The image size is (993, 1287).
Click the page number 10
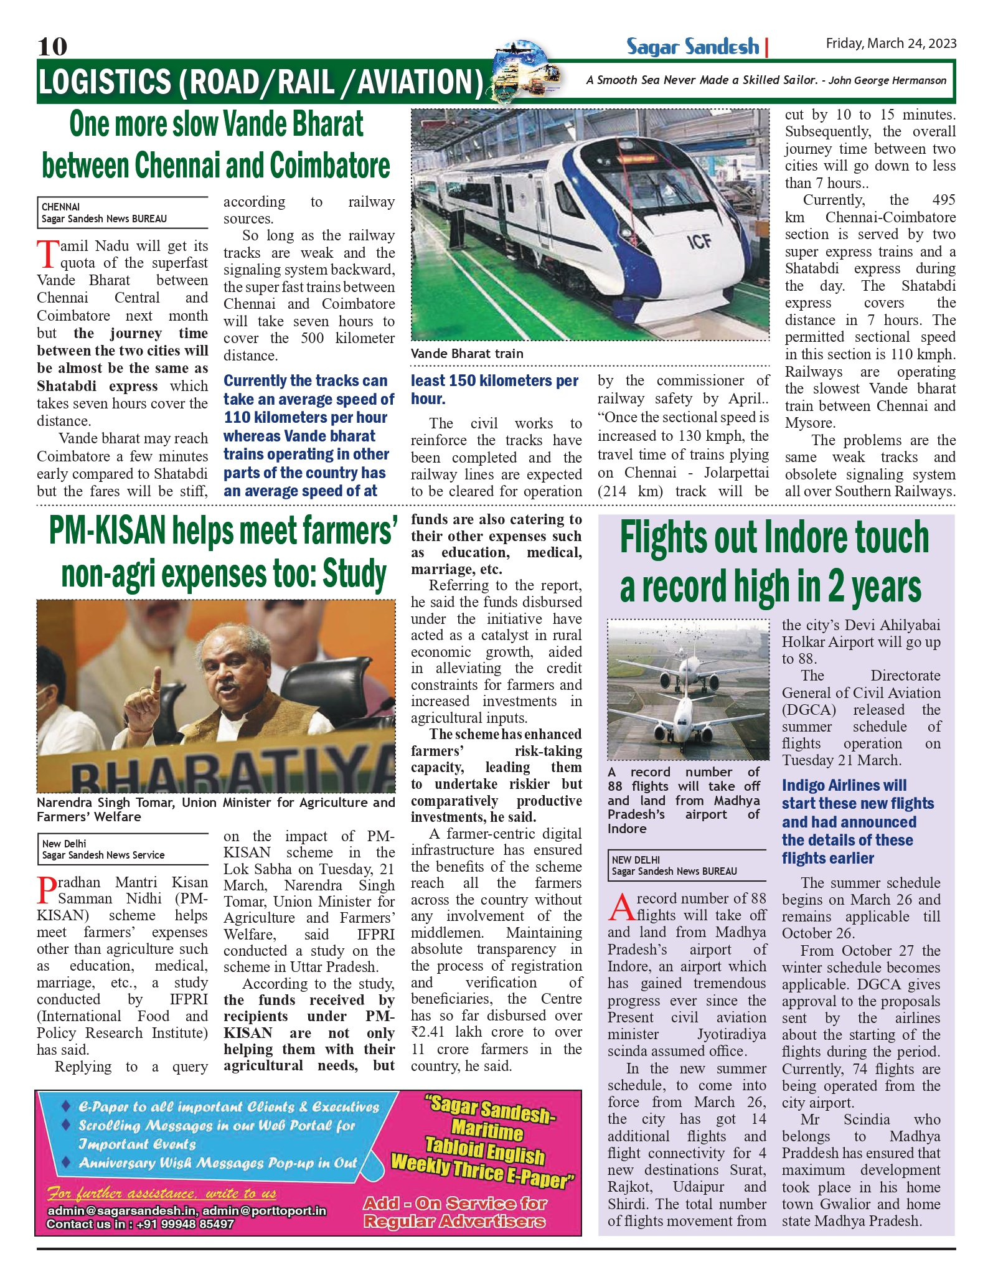[x=52, y=47]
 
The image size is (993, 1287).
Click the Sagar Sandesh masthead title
[x=692, y=47]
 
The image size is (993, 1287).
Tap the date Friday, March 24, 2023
[x=890, y=44]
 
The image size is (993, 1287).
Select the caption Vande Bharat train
[x=467, y=354]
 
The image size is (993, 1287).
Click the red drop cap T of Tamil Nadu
[x=47, y=254]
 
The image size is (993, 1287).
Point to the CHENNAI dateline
[x=61, y=207]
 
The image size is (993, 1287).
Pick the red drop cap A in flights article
[x=621, y=907]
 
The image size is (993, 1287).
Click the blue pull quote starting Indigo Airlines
[x=857, y=821]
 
